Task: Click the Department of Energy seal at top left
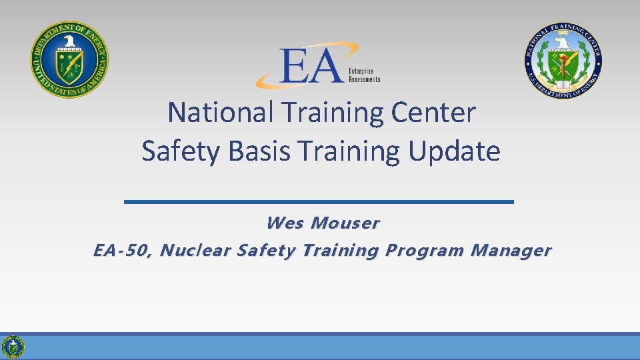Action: point(69,59)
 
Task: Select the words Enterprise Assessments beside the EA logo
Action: point(364,75)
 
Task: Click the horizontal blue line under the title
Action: point(319,201)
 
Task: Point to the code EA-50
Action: point(123,251)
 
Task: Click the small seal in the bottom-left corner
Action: point(13,347)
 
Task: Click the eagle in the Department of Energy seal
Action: point(69,45)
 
